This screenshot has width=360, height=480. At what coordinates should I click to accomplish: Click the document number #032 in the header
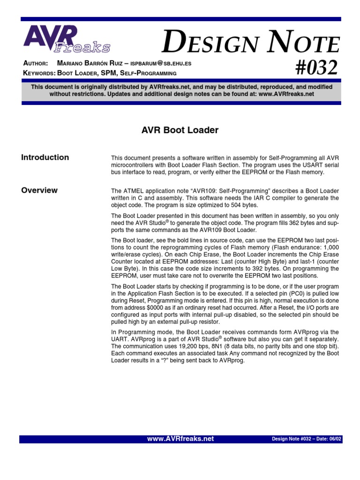[316, 68]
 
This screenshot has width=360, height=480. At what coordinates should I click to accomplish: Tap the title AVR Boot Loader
[180, 130]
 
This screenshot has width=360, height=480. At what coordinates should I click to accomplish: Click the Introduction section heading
[45, 157]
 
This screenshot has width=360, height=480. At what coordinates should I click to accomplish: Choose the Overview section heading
[39, 190]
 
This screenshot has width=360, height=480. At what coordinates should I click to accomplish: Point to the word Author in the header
[35, 63]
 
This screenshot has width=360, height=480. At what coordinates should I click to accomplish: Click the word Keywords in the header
[39, 73]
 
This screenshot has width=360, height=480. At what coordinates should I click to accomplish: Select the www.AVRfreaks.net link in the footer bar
[180, 439]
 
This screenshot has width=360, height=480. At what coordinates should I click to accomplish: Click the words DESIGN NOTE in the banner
[250, 45]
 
